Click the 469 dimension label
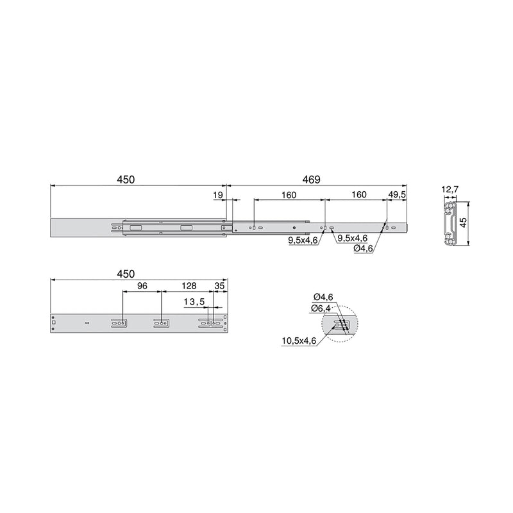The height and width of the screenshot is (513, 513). (x=311, y=180)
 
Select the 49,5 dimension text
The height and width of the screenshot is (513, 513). (x=397, y=194)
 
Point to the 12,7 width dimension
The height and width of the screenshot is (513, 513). (x=451, y=189)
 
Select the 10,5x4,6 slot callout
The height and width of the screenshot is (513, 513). (x=299, y=341)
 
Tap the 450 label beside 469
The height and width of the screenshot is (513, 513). (x=126, y=180)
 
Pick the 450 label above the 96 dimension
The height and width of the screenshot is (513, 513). (x=126, y=274)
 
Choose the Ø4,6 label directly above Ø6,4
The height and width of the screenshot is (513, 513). (x=323, y=296)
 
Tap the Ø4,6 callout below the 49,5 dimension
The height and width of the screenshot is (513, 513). (x=364, y=249)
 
